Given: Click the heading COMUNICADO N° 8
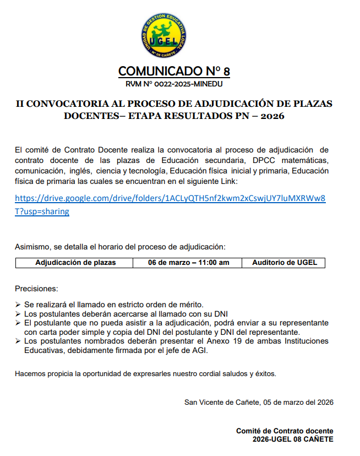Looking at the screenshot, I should point(174,72).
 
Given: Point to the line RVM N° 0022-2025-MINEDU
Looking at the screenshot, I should point(174,84).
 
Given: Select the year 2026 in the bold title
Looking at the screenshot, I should point(272,116).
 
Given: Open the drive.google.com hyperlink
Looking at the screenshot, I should point(170,198).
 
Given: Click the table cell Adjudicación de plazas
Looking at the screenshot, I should point(75,263).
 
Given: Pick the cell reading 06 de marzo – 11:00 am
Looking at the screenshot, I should point(189,263).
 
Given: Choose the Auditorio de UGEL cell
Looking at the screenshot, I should point(285,263).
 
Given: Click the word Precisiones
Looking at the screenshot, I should point(36,289).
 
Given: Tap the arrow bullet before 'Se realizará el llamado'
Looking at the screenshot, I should point(18,305).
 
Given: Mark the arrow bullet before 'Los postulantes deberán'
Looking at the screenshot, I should point(18,314).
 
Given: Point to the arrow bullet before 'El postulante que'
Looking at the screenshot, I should point(18,323).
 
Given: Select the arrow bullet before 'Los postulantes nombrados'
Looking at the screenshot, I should point(18,341).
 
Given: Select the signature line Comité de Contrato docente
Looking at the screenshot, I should point(285,431).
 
